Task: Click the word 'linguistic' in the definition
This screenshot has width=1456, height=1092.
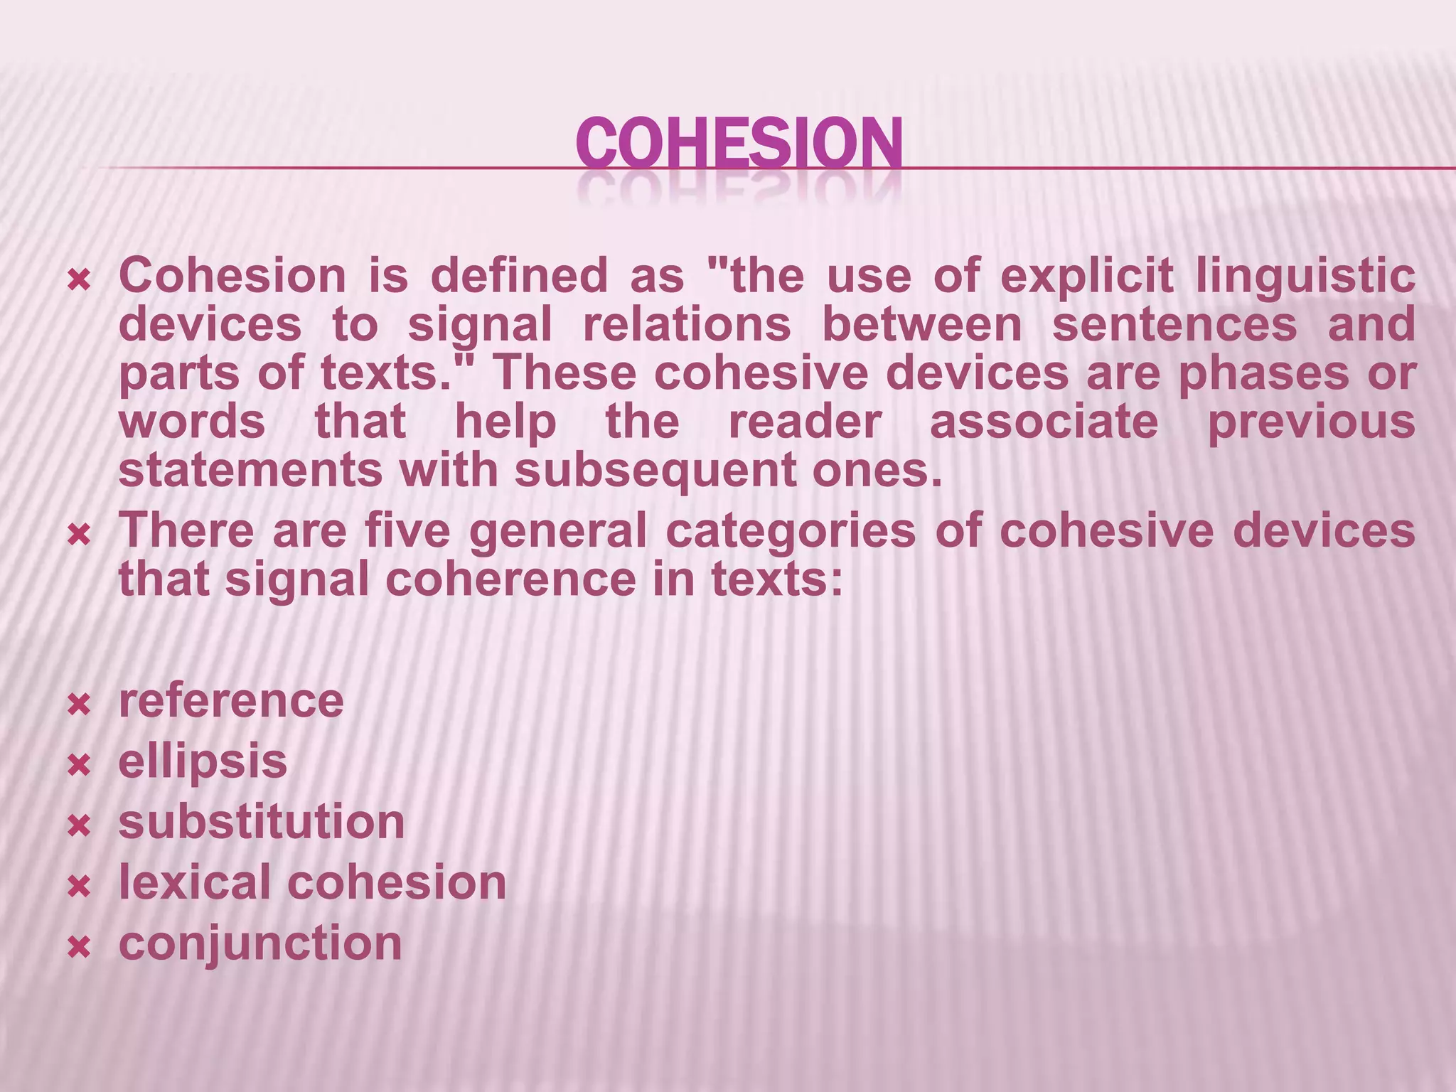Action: [x=1305, y=276]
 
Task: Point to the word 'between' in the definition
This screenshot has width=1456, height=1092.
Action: [x=921, y=324]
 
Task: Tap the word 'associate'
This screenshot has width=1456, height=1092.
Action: [x=1044, y=422]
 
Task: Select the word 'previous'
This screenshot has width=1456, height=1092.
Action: [x=1312, y=422]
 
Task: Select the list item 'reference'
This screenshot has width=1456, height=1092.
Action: [x=231, y=701]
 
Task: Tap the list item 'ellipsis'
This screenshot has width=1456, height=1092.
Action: [x=203, y=761]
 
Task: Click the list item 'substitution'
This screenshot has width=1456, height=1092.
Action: [x=262, y=822]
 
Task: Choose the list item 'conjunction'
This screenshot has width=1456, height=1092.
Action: [x=260, y=943]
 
